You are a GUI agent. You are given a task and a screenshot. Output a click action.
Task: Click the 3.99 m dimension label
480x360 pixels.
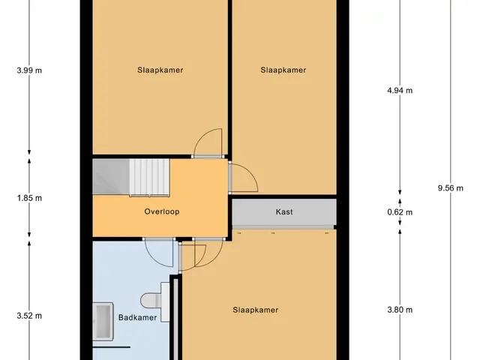29,70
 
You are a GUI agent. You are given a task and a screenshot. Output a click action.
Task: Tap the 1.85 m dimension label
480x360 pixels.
29,198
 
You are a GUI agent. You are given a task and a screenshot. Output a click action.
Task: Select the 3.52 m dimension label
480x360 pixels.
29,316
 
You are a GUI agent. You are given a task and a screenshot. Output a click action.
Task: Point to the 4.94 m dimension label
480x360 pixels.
400,90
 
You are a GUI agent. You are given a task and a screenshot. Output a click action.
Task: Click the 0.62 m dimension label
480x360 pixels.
400,212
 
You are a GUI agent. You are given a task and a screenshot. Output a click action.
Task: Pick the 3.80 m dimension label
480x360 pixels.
400,310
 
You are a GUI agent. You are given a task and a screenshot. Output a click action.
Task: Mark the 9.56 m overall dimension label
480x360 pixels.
450,188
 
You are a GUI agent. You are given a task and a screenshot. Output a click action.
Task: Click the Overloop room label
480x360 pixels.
162,211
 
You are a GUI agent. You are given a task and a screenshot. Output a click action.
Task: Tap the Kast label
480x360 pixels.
284,211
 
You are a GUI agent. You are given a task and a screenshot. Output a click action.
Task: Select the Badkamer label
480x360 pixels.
137,317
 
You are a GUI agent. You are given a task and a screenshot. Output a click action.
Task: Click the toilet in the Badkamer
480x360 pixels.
151,300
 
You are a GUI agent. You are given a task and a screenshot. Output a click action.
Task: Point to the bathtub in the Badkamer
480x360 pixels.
103,322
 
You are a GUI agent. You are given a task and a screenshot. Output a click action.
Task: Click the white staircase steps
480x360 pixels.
149,178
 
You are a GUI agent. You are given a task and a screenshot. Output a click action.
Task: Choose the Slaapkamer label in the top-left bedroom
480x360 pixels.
160,70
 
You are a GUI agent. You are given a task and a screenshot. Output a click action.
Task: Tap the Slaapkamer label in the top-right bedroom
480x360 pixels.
283,70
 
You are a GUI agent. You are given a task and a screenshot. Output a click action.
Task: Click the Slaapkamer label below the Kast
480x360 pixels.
256,310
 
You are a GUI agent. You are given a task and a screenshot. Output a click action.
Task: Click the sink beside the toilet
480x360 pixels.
165,301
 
